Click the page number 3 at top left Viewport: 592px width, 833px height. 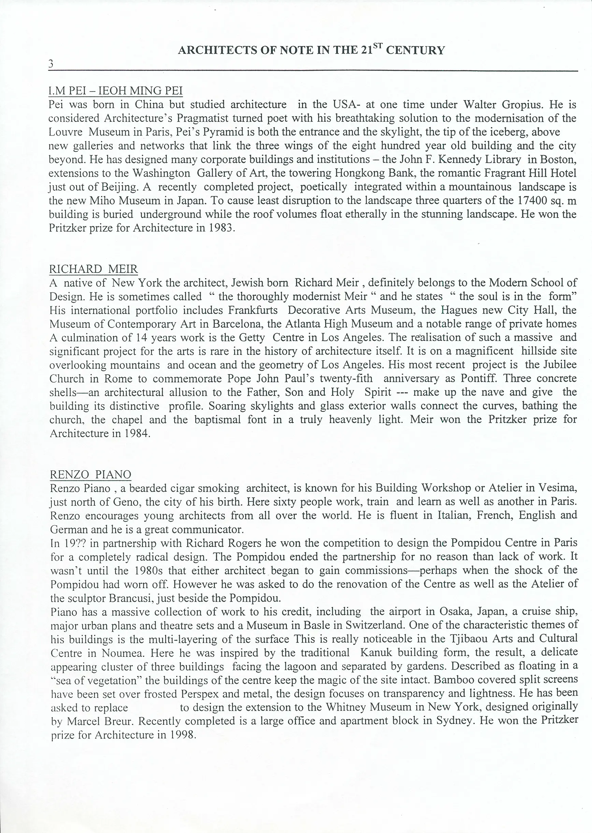51,64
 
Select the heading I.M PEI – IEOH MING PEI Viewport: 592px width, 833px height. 116,91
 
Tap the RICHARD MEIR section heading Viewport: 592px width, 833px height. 94,269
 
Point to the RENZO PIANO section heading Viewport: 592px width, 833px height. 90,475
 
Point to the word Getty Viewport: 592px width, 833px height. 252,338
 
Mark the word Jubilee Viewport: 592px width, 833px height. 560,365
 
